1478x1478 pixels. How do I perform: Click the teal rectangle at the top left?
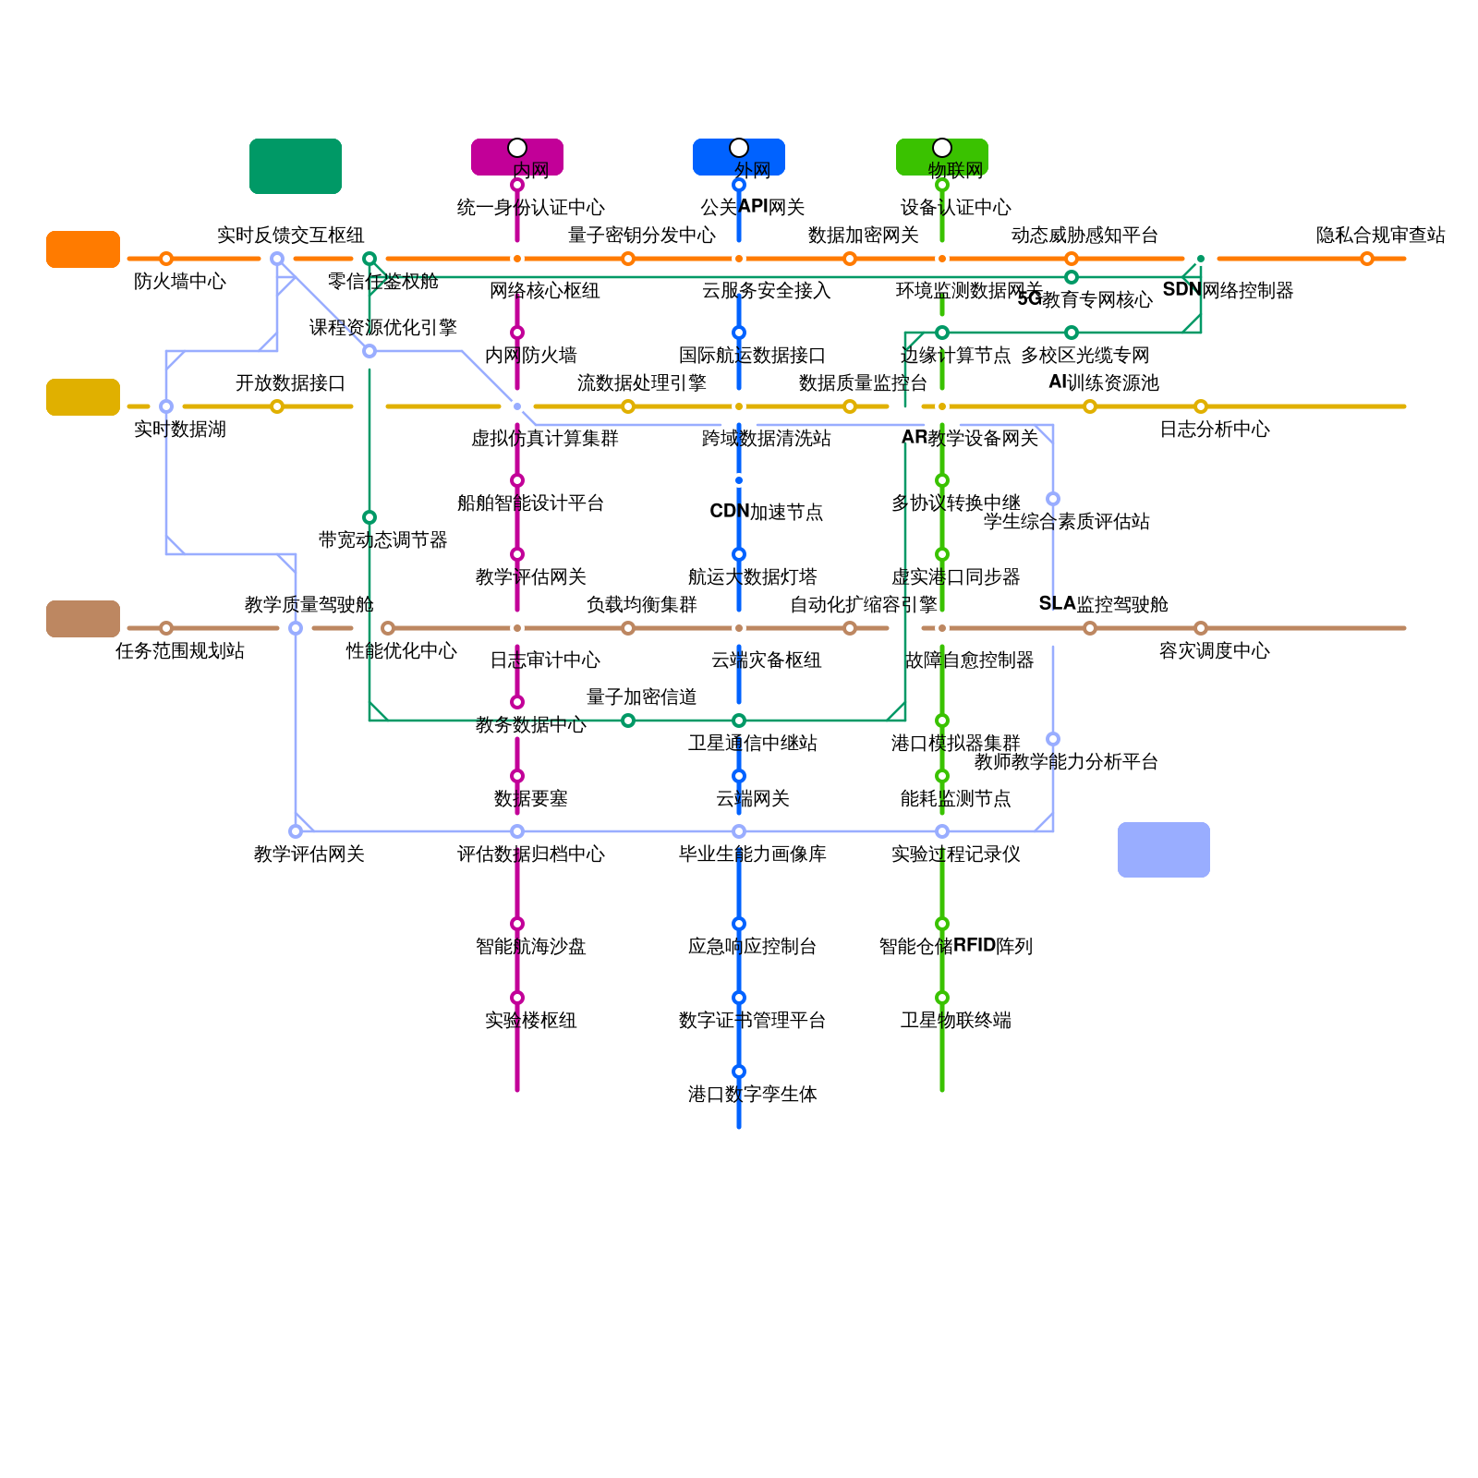click(x=296, y=166)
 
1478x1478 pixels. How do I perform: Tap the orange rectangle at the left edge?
click(x=83, y=249)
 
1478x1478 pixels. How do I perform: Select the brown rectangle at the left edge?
click(x=83, y=619)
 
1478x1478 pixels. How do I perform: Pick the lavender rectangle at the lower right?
click(x=1164, y=850)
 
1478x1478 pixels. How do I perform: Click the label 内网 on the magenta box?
click(x=531, y=170)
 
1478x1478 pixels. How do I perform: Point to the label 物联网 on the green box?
click(x=956, y=170)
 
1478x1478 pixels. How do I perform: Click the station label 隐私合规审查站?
click(x=1381, y=235)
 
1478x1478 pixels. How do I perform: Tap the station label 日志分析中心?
click(x=1215, y=429)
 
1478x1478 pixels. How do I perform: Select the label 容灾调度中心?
click(x=1215, y=650)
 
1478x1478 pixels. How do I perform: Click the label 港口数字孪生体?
click(x=753, y=1094)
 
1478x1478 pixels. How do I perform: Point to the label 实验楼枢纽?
click(x=531, y=1020)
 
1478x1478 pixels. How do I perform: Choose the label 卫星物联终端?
click(x=956, y=1020)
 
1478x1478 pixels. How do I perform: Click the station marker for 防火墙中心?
click(x=166, y=259)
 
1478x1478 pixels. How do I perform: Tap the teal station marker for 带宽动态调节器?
click(x=369, y=517)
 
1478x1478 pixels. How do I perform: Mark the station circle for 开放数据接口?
click(x=277, y=406)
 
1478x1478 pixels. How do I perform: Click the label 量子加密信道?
click(x=642, y=697)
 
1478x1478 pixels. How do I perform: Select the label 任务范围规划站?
click(x=180, y=650)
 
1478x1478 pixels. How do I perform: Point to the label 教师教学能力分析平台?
click(x=1067, y=761)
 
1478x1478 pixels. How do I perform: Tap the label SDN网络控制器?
click(x=1228, y=290)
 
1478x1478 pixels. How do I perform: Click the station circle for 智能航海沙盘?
click(x=517, y=924)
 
